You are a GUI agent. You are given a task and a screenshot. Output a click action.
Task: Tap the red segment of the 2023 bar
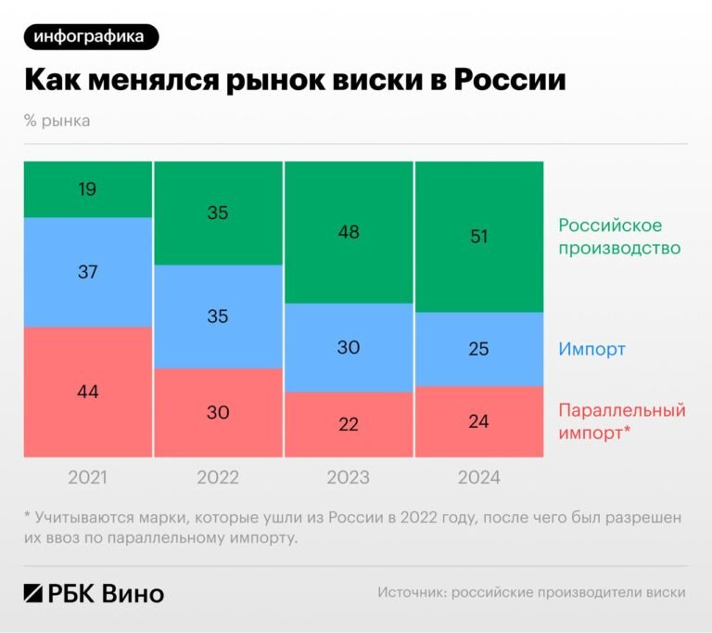(348, 424)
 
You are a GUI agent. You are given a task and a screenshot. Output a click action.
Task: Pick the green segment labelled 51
(478, 237)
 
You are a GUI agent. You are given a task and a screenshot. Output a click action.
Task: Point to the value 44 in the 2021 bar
(88, 392)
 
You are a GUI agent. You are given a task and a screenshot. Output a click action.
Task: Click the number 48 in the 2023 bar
(348, 232)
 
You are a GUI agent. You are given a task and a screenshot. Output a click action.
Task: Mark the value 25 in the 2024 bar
(478, 349)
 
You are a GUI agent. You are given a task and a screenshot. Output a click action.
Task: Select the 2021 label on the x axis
(88, 478)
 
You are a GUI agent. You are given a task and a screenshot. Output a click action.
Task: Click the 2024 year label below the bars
(478, 478)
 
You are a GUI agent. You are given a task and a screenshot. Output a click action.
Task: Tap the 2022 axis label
(218, 478)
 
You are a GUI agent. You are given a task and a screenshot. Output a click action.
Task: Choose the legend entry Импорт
(591, 350)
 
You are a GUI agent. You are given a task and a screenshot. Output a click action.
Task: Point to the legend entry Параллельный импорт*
(621, 420)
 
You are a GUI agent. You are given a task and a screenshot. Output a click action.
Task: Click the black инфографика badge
(89, 36)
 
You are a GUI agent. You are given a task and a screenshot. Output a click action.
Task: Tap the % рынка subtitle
(57, 121)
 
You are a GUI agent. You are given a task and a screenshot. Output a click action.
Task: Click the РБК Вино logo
(94, 593)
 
